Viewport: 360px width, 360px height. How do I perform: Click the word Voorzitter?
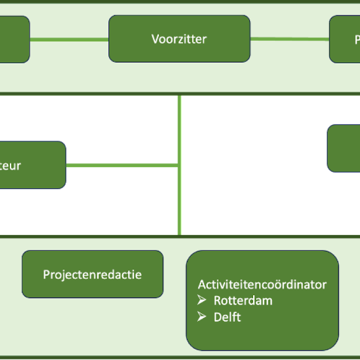coord(179,39)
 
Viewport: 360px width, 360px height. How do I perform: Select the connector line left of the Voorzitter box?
coord(69,39)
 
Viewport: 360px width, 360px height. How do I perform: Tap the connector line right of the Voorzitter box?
coord(289,39)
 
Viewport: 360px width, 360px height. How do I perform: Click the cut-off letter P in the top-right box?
coord(357,40)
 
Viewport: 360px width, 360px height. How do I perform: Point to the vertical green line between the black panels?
coord(179,129)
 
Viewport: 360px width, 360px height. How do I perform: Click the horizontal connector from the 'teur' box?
coord(122,165)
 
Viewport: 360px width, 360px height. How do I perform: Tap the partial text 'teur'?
coord(10,166)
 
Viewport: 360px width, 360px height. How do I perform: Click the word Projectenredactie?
coord(92,274)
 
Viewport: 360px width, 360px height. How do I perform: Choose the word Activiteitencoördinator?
coord(262,284)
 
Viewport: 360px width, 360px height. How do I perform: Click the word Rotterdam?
coord(243,301)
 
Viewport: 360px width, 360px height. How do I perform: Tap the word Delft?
coord(227,317)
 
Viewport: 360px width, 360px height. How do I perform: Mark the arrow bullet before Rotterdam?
coord(202,300)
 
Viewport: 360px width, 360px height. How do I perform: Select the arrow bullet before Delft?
coord(202,317)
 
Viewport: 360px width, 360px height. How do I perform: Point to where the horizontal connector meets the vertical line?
coord(179,165)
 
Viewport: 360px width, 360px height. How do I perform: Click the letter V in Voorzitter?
coord(155,39)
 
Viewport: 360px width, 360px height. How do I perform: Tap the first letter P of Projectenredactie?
coord(46,274)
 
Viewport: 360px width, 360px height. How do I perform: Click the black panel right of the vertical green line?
coord(257,206)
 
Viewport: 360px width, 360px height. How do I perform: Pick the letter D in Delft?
coord(218,317)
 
